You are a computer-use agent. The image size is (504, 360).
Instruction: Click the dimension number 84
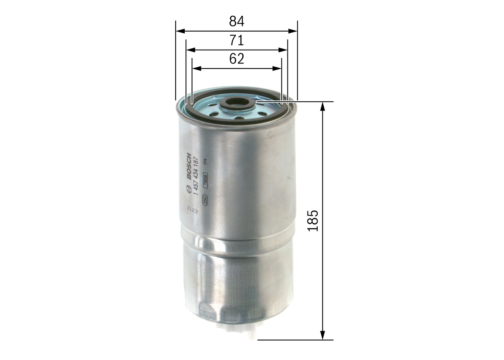coord(237,21)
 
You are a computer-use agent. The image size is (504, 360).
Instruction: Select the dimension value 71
coord(237,40)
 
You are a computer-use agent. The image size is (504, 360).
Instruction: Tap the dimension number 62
coord(237,59)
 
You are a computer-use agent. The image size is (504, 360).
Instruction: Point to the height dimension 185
coord(313,221)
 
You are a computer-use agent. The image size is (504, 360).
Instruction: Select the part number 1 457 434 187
coord(196,173)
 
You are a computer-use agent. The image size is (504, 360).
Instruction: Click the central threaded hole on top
coord(237,102)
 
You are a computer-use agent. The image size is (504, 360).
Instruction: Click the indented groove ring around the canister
coord(236,244)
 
